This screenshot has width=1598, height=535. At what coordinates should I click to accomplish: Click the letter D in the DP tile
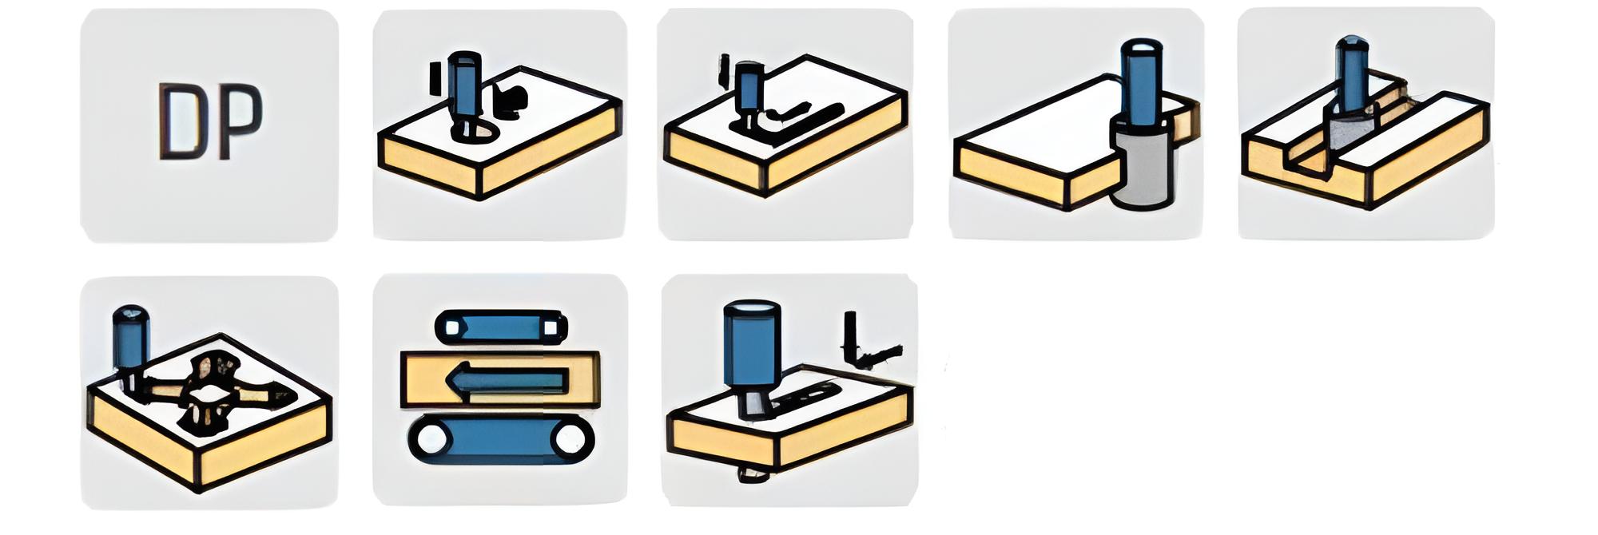coord(182,121)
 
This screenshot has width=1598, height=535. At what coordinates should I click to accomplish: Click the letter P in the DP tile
coord(240,121)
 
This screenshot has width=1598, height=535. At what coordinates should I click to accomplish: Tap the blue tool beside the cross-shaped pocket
coord(130,339)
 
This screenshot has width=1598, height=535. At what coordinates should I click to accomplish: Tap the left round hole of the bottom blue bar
coord(432,439)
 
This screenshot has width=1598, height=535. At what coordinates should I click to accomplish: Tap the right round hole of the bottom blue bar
coord(570,439)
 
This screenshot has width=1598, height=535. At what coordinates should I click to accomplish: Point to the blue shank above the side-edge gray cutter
coord(1143,80)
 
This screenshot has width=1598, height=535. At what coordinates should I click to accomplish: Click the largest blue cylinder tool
coord(751,343)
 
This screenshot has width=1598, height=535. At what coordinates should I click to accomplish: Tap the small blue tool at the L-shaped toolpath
coord(749,88)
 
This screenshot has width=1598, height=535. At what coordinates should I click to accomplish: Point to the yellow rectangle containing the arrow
coord(500,380)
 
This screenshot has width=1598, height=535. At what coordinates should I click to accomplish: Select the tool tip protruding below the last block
coord(753,474)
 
